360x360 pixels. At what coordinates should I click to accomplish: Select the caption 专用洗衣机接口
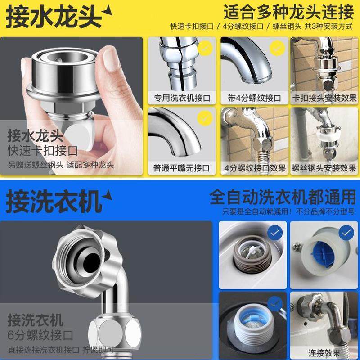182,98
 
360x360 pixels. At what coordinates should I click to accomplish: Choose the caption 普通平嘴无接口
182,168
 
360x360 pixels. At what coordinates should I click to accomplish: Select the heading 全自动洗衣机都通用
283,197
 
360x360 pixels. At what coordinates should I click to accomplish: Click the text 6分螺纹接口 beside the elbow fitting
40,335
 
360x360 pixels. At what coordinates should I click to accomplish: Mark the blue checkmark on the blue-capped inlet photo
346,233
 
